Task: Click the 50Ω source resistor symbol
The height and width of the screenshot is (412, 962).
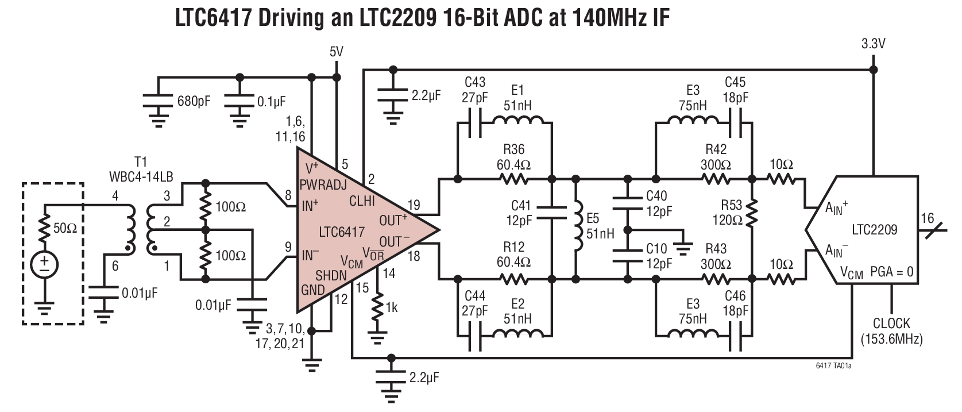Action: (x=44, y=228)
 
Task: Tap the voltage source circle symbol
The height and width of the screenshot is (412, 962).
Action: (x=44, y=264)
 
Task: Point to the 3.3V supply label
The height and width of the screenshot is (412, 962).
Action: (x=874, y=44)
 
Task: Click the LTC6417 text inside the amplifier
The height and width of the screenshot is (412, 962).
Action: (x=342, y=232)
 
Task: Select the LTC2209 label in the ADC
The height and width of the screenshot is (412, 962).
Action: (x=874, y=230)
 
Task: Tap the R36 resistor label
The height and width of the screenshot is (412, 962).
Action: (x=513, y=151)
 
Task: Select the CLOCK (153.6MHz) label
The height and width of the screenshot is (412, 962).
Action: (x=891, y=331)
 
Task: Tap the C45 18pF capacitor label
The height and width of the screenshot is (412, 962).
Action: (x=736, y=90)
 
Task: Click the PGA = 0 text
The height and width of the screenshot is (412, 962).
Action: (x=891, y=271)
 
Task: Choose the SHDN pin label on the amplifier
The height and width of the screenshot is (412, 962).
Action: (x=331, y=275)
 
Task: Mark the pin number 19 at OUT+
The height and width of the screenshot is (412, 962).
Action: (x=414, y=205)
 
